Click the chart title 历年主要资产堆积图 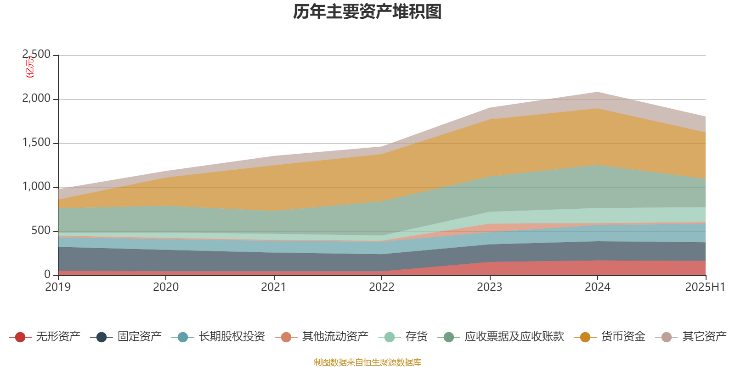(367, 12)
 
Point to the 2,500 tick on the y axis (37, 55)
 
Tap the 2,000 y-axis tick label (37, 99)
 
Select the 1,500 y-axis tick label (37, 143)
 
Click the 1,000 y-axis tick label (37, 187)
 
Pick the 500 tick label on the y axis (41, 231)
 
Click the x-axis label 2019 (58, 287)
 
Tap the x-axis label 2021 (274, 287)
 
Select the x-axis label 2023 (490, 287)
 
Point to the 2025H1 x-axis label (705, 287)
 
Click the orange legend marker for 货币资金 (585, 337)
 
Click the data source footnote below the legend (367, 362)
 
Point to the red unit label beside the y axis (30, 67)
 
